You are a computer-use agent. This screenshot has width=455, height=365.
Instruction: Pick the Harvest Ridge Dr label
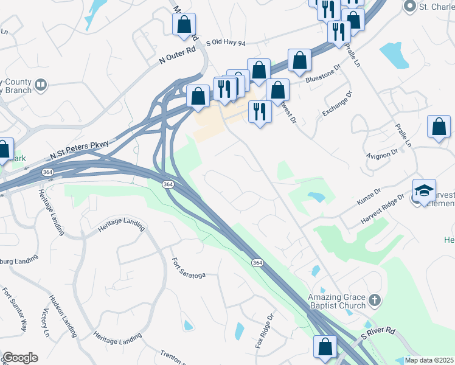382,207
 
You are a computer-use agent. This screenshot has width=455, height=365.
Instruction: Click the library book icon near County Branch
41,85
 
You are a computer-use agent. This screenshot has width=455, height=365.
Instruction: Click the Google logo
20,358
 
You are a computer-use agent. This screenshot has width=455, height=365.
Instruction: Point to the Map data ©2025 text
429,360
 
